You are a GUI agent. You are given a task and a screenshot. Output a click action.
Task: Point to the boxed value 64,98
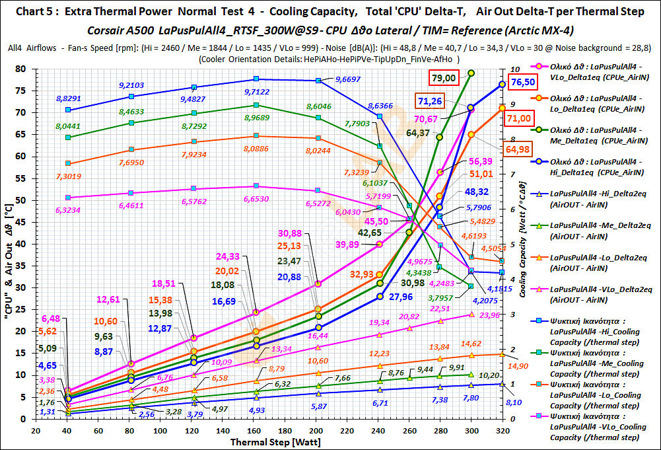pos(518,149)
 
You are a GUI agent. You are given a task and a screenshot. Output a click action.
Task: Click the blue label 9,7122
pos(256,92)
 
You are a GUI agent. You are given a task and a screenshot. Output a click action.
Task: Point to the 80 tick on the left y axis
pos(21,69)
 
